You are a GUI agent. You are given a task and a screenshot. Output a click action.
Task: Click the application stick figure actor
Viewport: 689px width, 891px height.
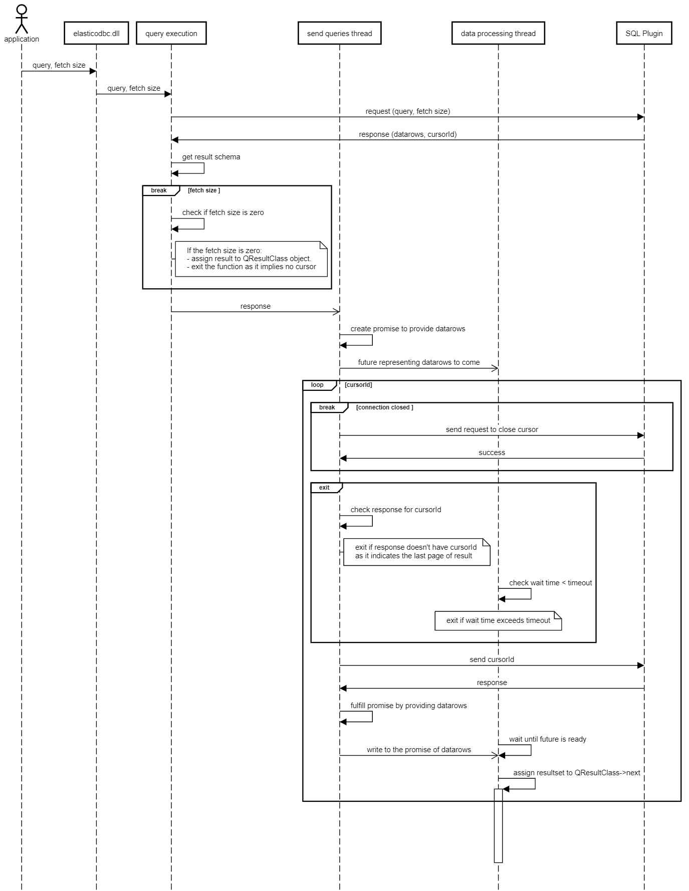(22, 19)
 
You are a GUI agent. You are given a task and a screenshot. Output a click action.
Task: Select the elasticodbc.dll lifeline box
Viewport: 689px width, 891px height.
(96, 33)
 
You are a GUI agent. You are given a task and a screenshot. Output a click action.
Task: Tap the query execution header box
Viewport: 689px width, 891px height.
(171, 33)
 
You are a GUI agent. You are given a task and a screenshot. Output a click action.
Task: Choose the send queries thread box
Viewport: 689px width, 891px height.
(340, 33)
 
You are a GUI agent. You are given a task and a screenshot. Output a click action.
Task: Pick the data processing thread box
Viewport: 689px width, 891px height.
(498, 33)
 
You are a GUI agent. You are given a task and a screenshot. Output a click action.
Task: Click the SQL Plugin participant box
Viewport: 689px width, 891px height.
(644, 33)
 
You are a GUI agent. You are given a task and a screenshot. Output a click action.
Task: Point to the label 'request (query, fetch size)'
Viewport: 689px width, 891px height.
(408, 111)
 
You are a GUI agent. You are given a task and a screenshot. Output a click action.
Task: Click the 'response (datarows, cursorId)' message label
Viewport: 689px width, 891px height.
(408, 134)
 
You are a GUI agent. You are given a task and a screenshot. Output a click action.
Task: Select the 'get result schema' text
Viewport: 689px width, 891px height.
(211, 157)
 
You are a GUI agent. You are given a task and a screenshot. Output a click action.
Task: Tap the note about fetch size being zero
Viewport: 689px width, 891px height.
(251, 259)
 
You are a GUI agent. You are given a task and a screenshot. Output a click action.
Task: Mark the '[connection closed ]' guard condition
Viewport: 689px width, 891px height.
(385, 407)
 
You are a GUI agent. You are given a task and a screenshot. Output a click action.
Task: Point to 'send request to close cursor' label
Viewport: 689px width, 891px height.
(492, 429)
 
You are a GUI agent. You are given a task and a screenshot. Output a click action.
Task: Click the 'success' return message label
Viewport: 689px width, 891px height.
(492, 453)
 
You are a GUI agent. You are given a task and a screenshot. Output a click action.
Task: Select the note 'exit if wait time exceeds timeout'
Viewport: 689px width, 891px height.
(498, 620)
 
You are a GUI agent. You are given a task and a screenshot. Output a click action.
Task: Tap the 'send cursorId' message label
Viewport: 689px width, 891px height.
(492, 659)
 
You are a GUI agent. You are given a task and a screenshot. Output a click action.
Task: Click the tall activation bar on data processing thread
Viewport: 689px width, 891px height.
(498, 825)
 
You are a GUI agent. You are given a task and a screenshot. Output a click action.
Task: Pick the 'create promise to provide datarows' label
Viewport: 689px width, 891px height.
(408, 329)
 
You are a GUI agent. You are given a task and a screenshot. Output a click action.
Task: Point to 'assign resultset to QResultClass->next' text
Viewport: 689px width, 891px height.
(577, 773)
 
